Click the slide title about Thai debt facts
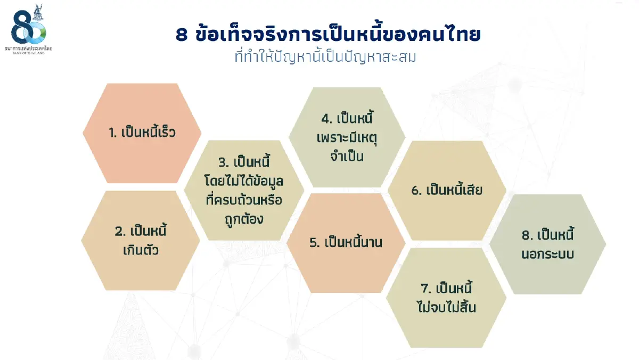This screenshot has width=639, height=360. pos(328,35)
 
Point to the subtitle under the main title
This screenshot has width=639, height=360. pos(325,57)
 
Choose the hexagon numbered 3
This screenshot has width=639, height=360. pos(244,190)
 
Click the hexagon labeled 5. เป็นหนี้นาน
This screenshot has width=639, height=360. pos(346,242)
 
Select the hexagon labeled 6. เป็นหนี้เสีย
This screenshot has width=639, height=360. pos(447,190)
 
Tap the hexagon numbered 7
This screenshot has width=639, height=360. pos(446,298)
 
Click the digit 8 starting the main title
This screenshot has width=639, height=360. pos(182,36)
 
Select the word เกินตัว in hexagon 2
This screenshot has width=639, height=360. pos(141,250)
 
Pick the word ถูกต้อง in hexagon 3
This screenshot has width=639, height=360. pos(244,219)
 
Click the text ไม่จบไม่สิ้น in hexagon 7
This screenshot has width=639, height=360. pos(446,308)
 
